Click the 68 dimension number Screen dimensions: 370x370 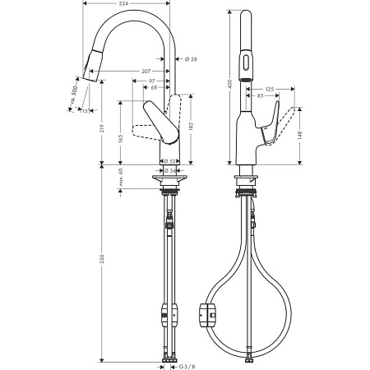point(156,87)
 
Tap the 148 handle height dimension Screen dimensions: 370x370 point(302,131)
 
